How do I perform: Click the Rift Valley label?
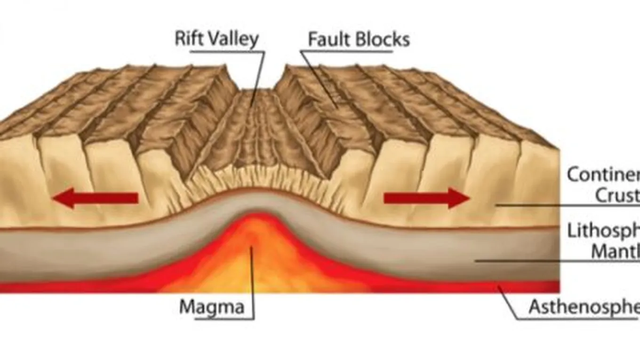tap(217, 39)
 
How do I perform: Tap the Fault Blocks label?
tap(359, 40)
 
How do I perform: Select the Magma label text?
tap(212, 307)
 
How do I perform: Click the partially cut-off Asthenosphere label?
tap(584, 307)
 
